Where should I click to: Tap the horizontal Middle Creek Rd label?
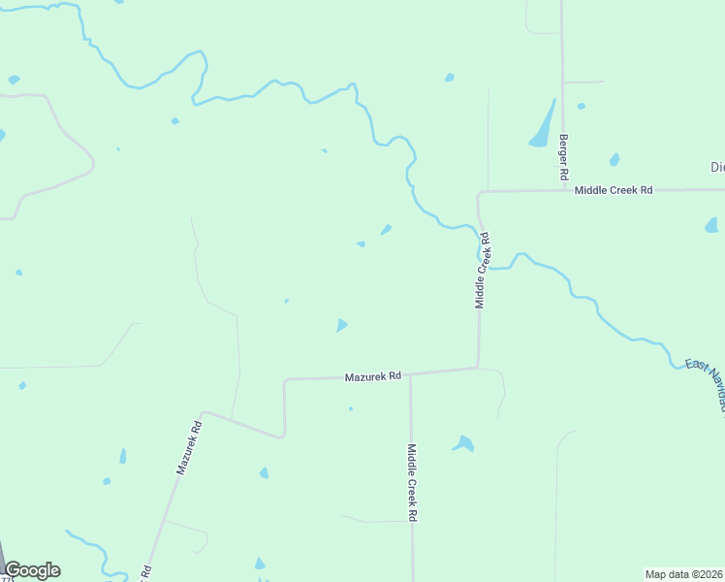pos(614,190)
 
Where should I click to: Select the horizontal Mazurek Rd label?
pos(373,376)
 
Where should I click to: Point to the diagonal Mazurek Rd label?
pos(189,446)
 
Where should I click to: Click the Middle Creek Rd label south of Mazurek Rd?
pos(412,483)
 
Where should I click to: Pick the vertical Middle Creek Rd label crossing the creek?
pos(481,271)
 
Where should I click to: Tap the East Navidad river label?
pos(706,383)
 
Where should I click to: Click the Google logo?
pos(32,570)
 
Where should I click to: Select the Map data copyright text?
pos(683,573)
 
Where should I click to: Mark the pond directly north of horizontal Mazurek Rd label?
pos(341,325)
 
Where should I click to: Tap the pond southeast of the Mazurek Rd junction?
pos(464,444)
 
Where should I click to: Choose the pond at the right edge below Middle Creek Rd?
pos(711,225)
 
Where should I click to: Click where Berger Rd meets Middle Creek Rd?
pos(563,190)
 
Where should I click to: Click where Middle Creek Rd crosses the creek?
pos(479,233)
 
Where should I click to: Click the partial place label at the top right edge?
pos(717,167)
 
